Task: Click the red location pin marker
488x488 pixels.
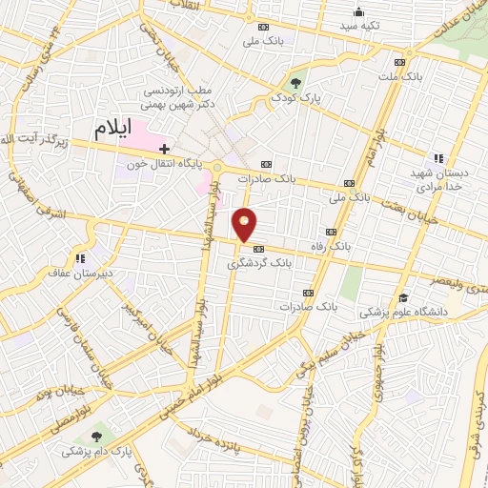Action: click(x=246, y=224)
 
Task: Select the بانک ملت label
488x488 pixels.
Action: click(x=399, y=74)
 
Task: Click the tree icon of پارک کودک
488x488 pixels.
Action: click(x=295, y=83)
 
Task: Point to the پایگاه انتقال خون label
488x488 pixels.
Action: click(x=171, y=164)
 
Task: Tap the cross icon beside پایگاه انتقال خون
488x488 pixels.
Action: click(x=165, y=149)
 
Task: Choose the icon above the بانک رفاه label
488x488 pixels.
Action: click(x=331, y=233)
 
